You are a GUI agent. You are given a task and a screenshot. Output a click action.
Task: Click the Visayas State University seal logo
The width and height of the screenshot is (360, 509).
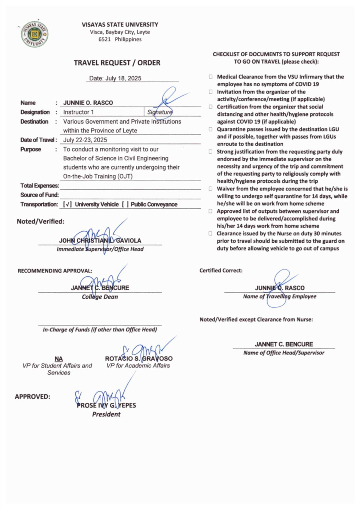point(34,34)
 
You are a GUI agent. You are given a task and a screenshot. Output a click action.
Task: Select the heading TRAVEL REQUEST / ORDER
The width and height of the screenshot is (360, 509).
point(117,63)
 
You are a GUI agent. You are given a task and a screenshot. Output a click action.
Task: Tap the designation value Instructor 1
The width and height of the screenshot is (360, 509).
point(79,112)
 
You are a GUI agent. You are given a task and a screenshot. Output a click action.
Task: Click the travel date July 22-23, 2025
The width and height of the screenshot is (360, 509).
point(85,140)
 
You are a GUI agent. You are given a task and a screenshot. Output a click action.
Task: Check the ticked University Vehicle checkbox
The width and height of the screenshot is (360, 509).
point(67,204)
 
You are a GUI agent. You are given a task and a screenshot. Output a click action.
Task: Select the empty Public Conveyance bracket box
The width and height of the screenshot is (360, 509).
point(125,204)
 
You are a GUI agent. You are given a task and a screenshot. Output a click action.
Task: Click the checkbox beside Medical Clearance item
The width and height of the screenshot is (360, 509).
point(211,77)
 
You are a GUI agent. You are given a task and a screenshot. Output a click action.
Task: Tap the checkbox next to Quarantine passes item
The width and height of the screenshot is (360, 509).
point(211,129)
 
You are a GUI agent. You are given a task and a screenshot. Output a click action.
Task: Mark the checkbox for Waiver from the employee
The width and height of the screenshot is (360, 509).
point(211,189)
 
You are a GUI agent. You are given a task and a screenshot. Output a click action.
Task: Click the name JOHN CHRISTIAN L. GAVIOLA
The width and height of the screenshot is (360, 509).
point(100,240)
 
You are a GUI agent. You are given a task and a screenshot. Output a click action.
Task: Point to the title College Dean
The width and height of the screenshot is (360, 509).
point(100,297)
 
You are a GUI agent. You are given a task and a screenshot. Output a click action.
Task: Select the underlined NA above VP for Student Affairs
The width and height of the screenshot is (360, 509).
point(59,359)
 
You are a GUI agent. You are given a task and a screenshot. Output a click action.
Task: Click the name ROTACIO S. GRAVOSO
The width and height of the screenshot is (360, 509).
point(139,359)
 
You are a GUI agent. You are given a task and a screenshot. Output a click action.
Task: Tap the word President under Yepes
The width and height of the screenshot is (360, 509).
point(106,414)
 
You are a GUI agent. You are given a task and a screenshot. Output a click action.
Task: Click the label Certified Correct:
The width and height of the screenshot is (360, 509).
point(221,271)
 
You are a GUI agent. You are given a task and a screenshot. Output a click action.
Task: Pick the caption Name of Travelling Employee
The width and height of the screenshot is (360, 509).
point(280,297)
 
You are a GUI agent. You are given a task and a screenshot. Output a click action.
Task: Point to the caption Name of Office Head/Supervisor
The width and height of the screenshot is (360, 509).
point(284,353)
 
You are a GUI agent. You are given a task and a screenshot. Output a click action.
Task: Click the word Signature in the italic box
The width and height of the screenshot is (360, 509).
point(160,112)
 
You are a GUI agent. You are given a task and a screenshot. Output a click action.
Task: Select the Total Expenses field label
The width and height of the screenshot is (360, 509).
point(40,186)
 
